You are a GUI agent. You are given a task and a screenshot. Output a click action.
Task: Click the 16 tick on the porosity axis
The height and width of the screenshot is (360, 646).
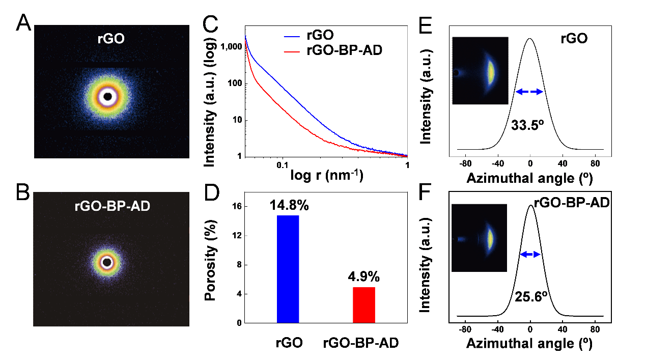click(235, 206)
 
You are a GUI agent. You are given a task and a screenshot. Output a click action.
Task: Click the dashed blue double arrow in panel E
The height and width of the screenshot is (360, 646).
click(529, 92)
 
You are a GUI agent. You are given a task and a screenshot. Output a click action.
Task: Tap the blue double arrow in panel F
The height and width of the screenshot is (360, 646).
click(530, 254)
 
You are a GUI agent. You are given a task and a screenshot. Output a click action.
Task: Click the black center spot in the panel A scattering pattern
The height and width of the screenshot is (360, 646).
click(107, 96)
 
